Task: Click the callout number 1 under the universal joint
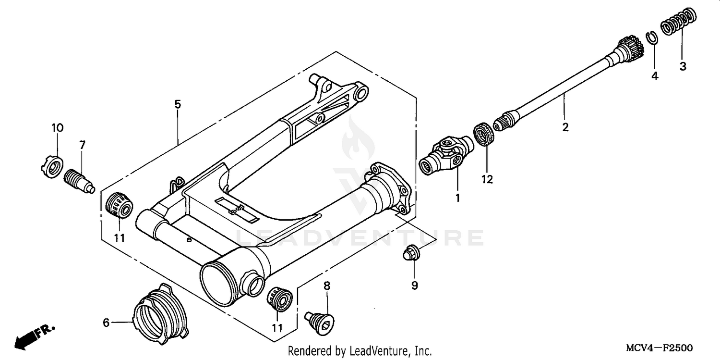457,198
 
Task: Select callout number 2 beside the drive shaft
565,127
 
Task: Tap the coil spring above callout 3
678,22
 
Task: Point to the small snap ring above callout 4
652,37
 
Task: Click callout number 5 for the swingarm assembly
178,104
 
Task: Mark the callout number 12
487,179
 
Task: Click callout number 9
414,286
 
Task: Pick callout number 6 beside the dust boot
107,323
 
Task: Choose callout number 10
57,128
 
